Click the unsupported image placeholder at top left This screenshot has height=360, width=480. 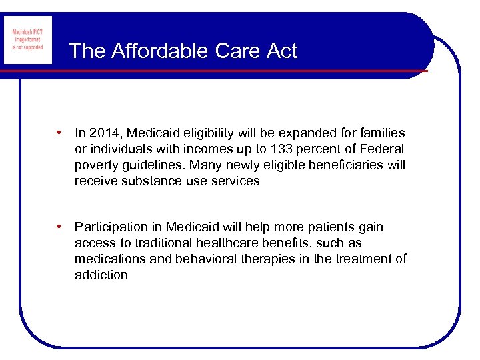tap(27, 40)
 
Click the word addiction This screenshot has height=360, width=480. tap(101, 275)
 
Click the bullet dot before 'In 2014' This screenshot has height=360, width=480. tap(61, 133)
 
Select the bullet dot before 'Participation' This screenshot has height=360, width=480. tap(61, 227)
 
